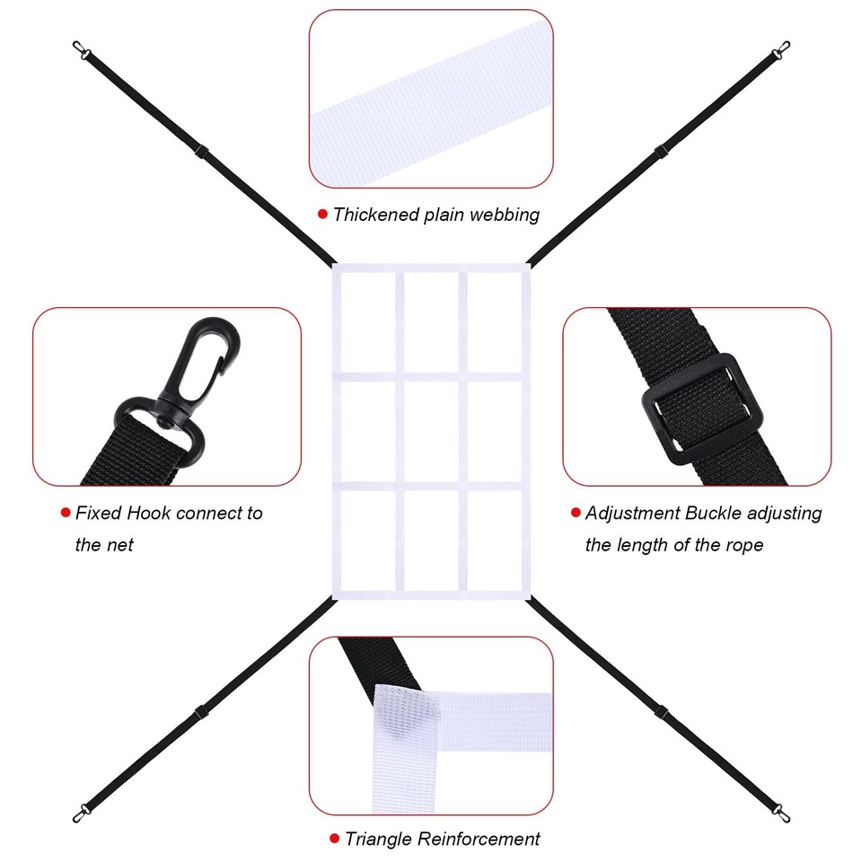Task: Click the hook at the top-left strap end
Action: click(x=82, y=49)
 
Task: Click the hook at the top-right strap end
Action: click(x=781, y=49)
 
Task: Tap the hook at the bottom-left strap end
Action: click(x=82, y=813)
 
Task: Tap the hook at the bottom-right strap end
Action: click(x=781, y=813)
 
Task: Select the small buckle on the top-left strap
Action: click(x=201, y=151)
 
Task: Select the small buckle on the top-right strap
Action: click(x=661, y=151)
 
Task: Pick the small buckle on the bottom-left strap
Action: click(x=201, y=712)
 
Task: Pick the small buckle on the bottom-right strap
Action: click(x=661, y=712)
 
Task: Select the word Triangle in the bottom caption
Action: click(x=378, y=839)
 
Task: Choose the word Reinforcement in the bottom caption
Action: click(x=479, y=839)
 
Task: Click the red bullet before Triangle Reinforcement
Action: click(x=334, y=839)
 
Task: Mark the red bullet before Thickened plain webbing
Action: click(x=322, y=214)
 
